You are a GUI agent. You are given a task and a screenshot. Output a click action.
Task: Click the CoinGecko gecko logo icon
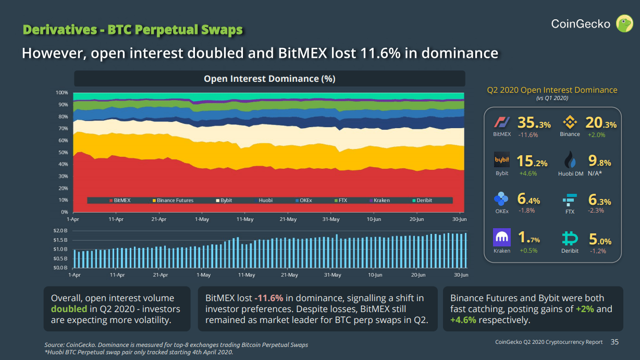(624, 23)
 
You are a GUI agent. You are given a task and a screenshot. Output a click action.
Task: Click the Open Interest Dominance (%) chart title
(269, 79)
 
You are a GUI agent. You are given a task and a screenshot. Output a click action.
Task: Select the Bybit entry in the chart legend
(224, 201)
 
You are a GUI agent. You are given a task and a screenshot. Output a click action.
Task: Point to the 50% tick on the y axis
(62, 153)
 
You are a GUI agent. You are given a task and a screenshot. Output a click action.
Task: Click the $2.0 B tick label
(61, 231)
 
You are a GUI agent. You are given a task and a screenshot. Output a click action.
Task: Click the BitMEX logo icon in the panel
(502, 123)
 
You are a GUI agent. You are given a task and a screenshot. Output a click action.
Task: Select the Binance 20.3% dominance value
(601, 123)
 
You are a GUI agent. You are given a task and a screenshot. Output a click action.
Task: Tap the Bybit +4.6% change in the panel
(528, 173)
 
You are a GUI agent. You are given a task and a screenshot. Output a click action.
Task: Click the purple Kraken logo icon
(502, 238)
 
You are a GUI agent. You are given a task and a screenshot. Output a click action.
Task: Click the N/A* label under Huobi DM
(595, 173)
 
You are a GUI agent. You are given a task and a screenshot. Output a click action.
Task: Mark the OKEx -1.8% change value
(526, 210)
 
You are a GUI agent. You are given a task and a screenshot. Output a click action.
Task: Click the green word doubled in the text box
(65, 309)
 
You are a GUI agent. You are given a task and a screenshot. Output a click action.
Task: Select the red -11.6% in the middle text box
(268, 299)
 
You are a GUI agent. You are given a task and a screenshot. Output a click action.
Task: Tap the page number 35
(614, 342)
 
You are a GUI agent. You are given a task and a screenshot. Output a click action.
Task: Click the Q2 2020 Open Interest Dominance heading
(552, 90)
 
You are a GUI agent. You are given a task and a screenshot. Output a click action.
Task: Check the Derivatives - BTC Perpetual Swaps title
(133, 30)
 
